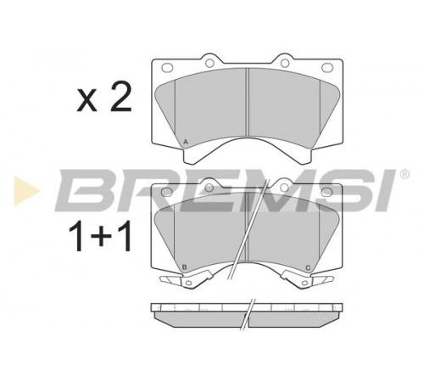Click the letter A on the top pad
pyautogui.click(x=186, y=142)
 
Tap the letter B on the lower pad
pyautogui.click(x=185, y=267)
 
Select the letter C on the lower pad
pyautogui.click(x=308, y=267)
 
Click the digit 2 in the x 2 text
pyautogui.click(x=121, y=98)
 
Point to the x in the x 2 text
pyautogui.click(x=86, y=102)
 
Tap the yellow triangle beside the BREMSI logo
pyautogui.click(x=26, y=191)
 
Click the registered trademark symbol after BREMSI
pyautogui.click(x=404, y=174)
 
